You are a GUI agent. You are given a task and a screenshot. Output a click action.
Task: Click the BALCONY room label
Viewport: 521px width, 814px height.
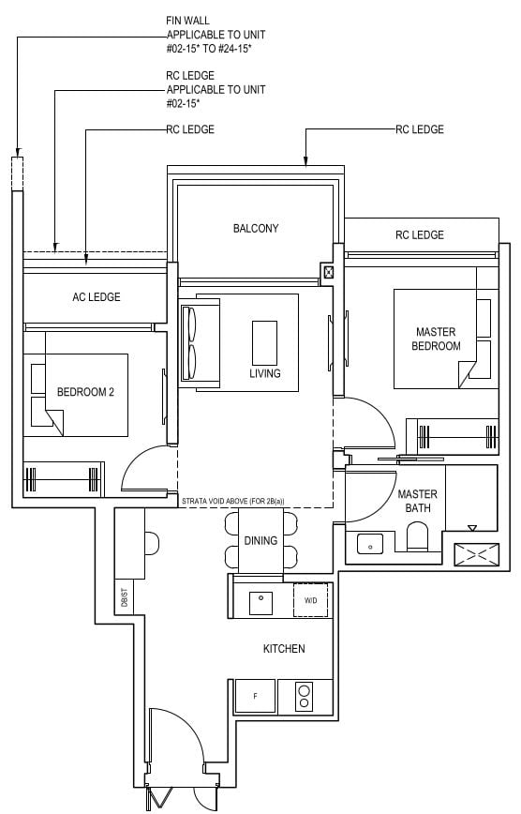pyautogui.click(x=256, y=228)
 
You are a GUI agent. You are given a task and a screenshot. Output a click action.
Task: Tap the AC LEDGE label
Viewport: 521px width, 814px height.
pyautogui.click(x=97, y=297)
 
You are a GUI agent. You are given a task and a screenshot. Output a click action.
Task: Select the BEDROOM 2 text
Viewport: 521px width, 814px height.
pyautogui.click(x=85, y=392)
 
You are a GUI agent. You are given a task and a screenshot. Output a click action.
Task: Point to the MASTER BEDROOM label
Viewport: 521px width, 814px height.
pyautogui.click(x=438, y=339)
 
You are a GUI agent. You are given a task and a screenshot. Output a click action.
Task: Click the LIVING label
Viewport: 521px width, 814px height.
pyautogui.click(x=265, y=373)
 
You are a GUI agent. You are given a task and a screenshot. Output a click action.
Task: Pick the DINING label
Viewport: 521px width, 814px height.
pyautogui.click(x=260, y=540)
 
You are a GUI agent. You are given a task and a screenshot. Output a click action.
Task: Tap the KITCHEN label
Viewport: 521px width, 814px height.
pyautogui.click(x=283, y=648)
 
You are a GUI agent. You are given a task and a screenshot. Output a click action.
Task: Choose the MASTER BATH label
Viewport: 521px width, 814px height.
pyautogui.click(x=417, y=501)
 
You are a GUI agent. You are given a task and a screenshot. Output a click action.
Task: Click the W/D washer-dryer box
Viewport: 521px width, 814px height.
pyautogui.click(x=310, y=599)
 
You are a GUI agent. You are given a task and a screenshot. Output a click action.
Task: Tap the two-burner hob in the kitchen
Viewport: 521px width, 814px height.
pyautogui.click(x=305, y=696)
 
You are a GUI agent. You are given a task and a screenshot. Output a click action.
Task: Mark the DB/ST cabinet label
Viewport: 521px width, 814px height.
pyautogui.click(x=124, y=596)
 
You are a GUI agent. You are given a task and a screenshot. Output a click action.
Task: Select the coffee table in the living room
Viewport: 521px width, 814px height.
pyautogui.click(x=264, y=341)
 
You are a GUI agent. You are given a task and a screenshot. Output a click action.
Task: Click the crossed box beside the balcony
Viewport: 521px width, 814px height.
pyautogui.click(x=328, y=273)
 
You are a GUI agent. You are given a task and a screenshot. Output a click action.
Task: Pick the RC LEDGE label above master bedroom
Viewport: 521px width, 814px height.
pyautogui.click(x=419, y=234)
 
